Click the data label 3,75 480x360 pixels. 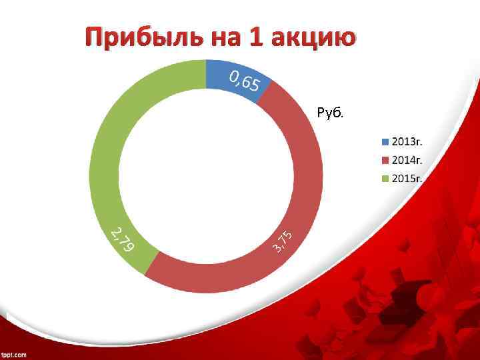283,241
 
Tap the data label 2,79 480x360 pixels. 123,240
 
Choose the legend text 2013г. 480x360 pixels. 407,142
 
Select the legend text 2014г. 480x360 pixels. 407,160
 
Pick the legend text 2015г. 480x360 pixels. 407,178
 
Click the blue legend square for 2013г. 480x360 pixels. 385,142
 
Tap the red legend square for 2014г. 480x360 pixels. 385,160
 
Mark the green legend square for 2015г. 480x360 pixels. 385,178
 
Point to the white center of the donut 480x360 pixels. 206,177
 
